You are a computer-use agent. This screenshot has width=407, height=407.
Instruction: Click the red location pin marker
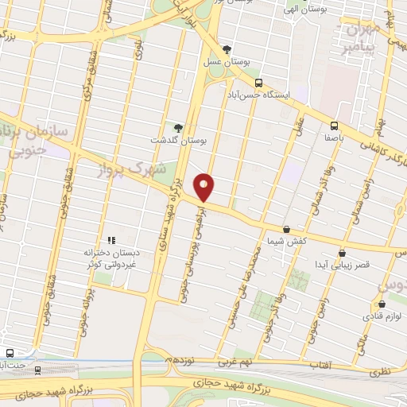click(205, 187)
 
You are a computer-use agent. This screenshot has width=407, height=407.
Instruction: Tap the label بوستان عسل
click(226, 63)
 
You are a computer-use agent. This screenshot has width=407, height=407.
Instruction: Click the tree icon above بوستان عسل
click(227, 49)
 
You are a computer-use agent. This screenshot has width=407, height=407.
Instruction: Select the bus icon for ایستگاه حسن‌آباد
click(258, 83)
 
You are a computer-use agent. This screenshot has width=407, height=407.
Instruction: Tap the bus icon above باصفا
click(334, 125)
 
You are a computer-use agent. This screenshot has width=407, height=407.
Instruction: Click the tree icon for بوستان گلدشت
click(178, 126)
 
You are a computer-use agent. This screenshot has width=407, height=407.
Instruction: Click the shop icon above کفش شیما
click(286, 230)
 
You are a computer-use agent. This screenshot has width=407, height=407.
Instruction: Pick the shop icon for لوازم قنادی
click(382, 303)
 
